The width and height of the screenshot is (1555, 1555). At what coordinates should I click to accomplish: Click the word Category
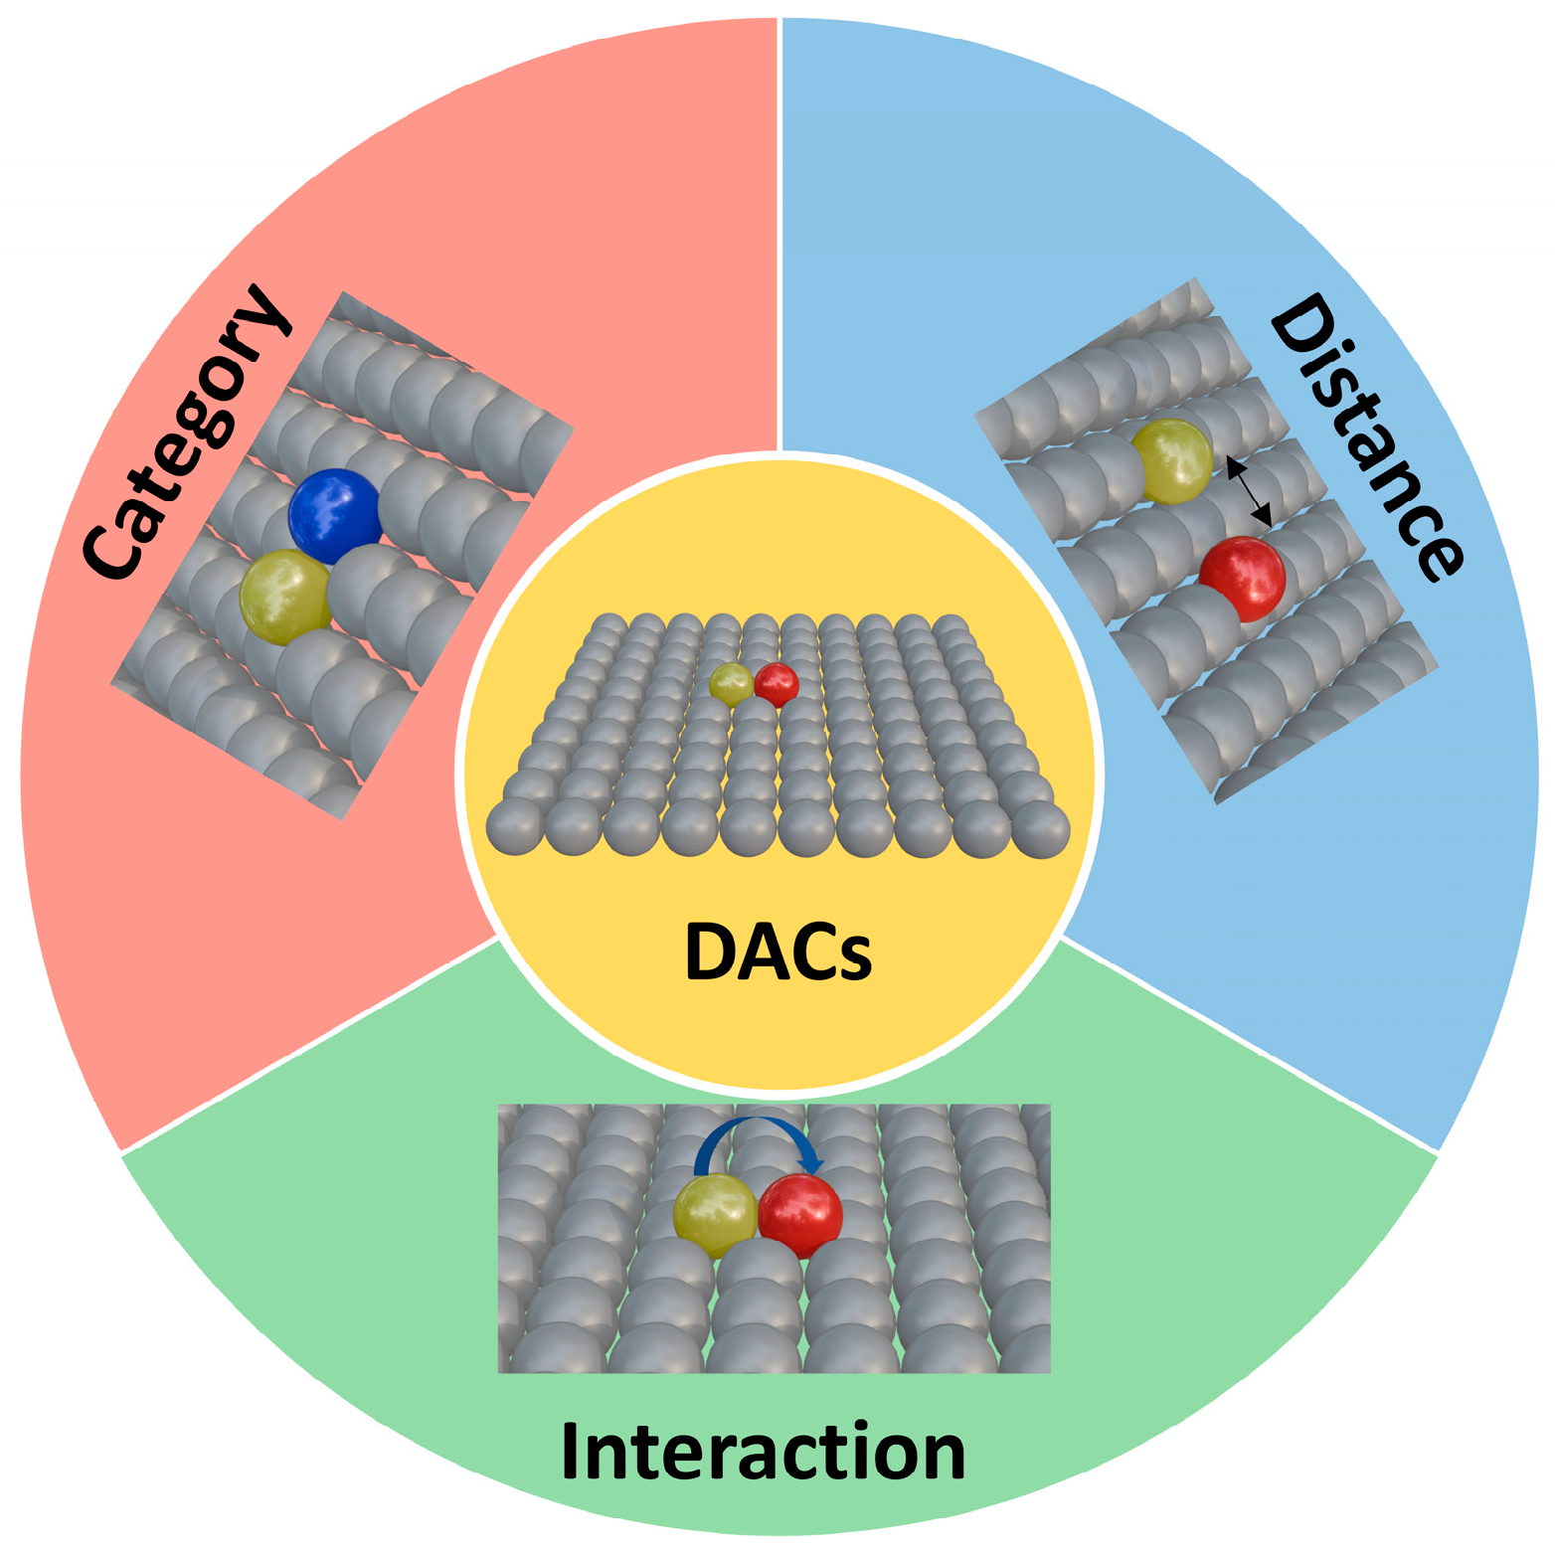(x=184, y=432)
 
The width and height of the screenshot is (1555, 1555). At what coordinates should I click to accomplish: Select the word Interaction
(x=764, y=1453)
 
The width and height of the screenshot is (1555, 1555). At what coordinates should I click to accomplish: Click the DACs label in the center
(x=778, y=951)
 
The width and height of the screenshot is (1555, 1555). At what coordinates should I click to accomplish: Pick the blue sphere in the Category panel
(x=335, y=515)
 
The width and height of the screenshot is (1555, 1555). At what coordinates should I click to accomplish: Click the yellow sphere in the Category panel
(x=284, y=597)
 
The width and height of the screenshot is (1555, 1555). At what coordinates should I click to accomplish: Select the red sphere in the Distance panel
(x=1242, y=578)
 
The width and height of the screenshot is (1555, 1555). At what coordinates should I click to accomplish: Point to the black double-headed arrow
(x=1249, y=491)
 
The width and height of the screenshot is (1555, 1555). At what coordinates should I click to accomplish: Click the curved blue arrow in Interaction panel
(x=759, y=1136)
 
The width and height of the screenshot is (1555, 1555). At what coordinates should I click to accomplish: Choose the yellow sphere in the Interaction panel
(x=716, y=1214)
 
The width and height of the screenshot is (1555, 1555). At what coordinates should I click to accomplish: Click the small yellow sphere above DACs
(x=732, y=684)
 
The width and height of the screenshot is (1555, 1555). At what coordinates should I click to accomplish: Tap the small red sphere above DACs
(x=777, y=684)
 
